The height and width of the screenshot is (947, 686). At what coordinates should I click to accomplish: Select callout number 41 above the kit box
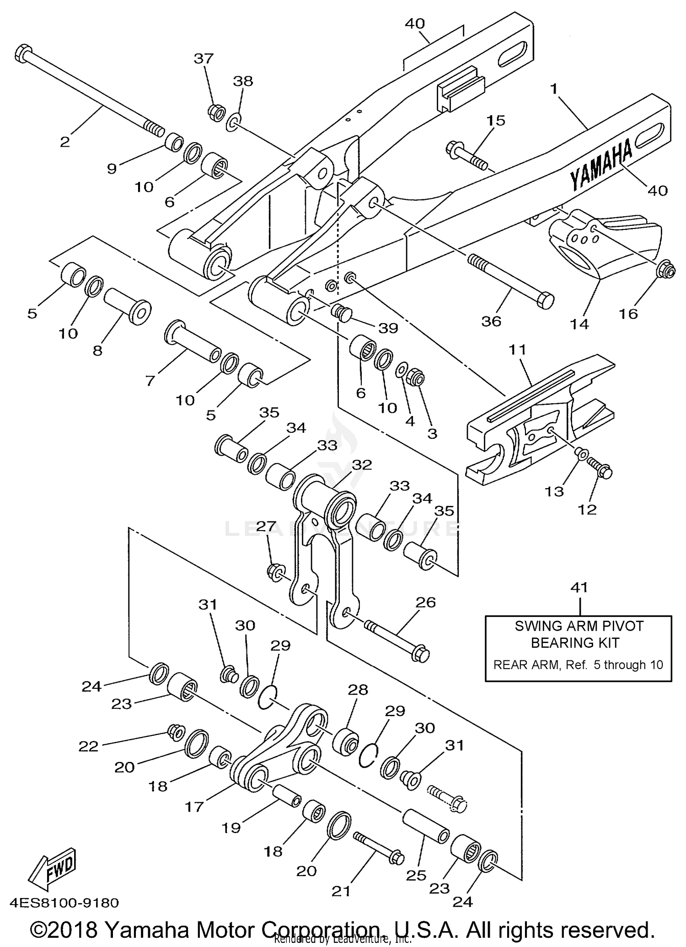(579, 588)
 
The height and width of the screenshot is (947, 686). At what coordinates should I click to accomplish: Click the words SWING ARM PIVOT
(579, 626)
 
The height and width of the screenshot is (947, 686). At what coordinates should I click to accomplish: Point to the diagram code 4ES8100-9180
(64, 903)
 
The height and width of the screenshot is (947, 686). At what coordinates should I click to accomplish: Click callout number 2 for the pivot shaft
(65, 142)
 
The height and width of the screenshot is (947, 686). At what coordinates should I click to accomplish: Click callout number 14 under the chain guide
(579, 324)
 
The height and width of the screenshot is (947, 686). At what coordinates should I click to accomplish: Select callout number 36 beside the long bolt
(492, 321)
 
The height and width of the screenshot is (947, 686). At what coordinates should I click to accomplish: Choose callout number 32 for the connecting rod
(362, 465)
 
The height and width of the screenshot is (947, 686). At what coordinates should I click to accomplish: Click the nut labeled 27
(276, 572)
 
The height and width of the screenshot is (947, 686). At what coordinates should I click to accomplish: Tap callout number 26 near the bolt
(426, 602)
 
